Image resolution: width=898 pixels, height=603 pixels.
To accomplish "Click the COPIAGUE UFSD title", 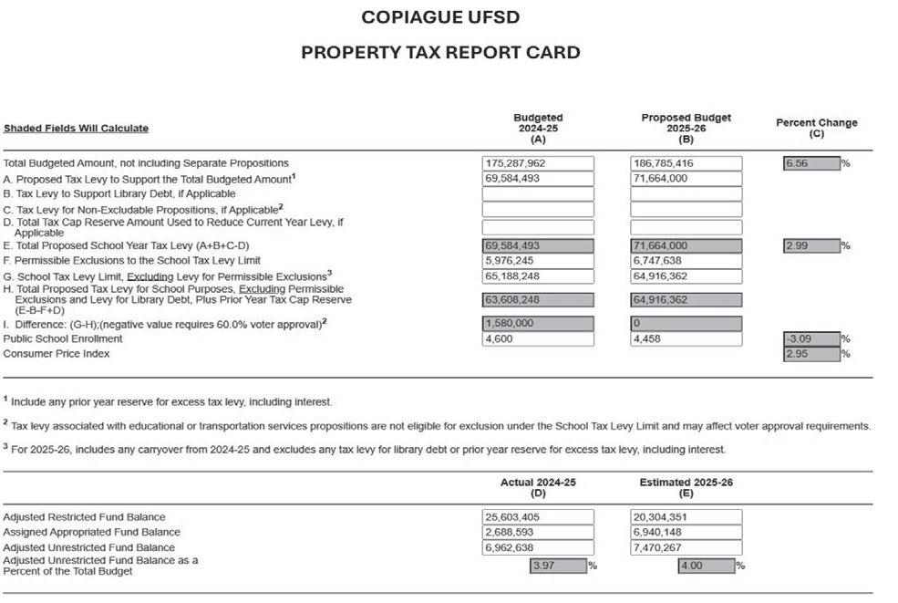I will point(440,17).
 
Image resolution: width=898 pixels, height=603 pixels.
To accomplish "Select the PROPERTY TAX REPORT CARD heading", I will point(440,52).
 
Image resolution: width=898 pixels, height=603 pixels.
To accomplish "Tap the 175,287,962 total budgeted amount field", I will point(538,163).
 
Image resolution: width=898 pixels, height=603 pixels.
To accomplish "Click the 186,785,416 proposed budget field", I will point(686,163).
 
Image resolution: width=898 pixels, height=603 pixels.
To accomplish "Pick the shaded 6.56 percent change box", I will point(810,163).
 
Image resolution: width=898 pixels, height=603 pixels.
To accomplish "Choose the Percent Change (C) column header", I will point(816,128).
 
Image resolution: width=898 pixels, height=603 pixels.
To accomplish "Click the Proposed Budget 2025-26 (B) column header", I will point(686,129).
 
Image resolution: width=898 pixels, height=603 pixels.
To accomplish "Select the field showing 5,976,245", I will point(538,261).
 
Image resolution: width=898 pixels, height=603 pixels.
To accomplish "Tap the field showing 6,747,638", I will point(686,261).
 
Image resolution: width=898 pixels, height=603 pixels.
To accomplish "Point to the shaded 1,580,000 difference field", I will point(538,324).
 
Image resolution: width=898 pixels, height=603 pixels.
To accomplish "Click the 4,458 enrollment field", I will point(686,339).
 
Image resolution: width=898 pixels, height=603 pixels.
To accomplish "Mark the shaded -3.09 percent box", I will point(810,339).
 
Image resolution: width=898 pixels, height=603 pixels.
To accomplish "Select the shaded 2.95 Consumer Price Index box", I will point(810,354).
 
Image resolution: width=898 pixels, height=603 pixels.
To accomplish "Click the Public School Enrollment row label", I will point(63,339).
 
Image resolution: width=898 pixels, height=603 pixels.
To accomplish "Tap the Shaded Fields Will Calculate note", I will point(76,129).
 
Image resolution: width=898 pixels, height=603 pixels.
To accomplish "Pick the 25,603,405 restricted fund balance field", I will point(538,517).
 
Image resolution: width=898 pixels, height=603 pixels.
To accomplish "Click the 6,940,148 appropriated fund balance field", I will point(686,532).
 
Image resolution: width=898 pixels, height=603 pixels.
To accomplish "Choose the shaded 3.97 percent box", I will point(558,566).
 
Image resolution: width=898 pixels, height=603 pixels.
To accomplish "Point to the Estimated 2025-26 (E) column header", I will point(686,487).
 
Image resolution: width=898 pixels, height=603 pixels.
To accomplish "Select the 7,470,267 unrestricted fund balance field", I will point(686,547).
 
